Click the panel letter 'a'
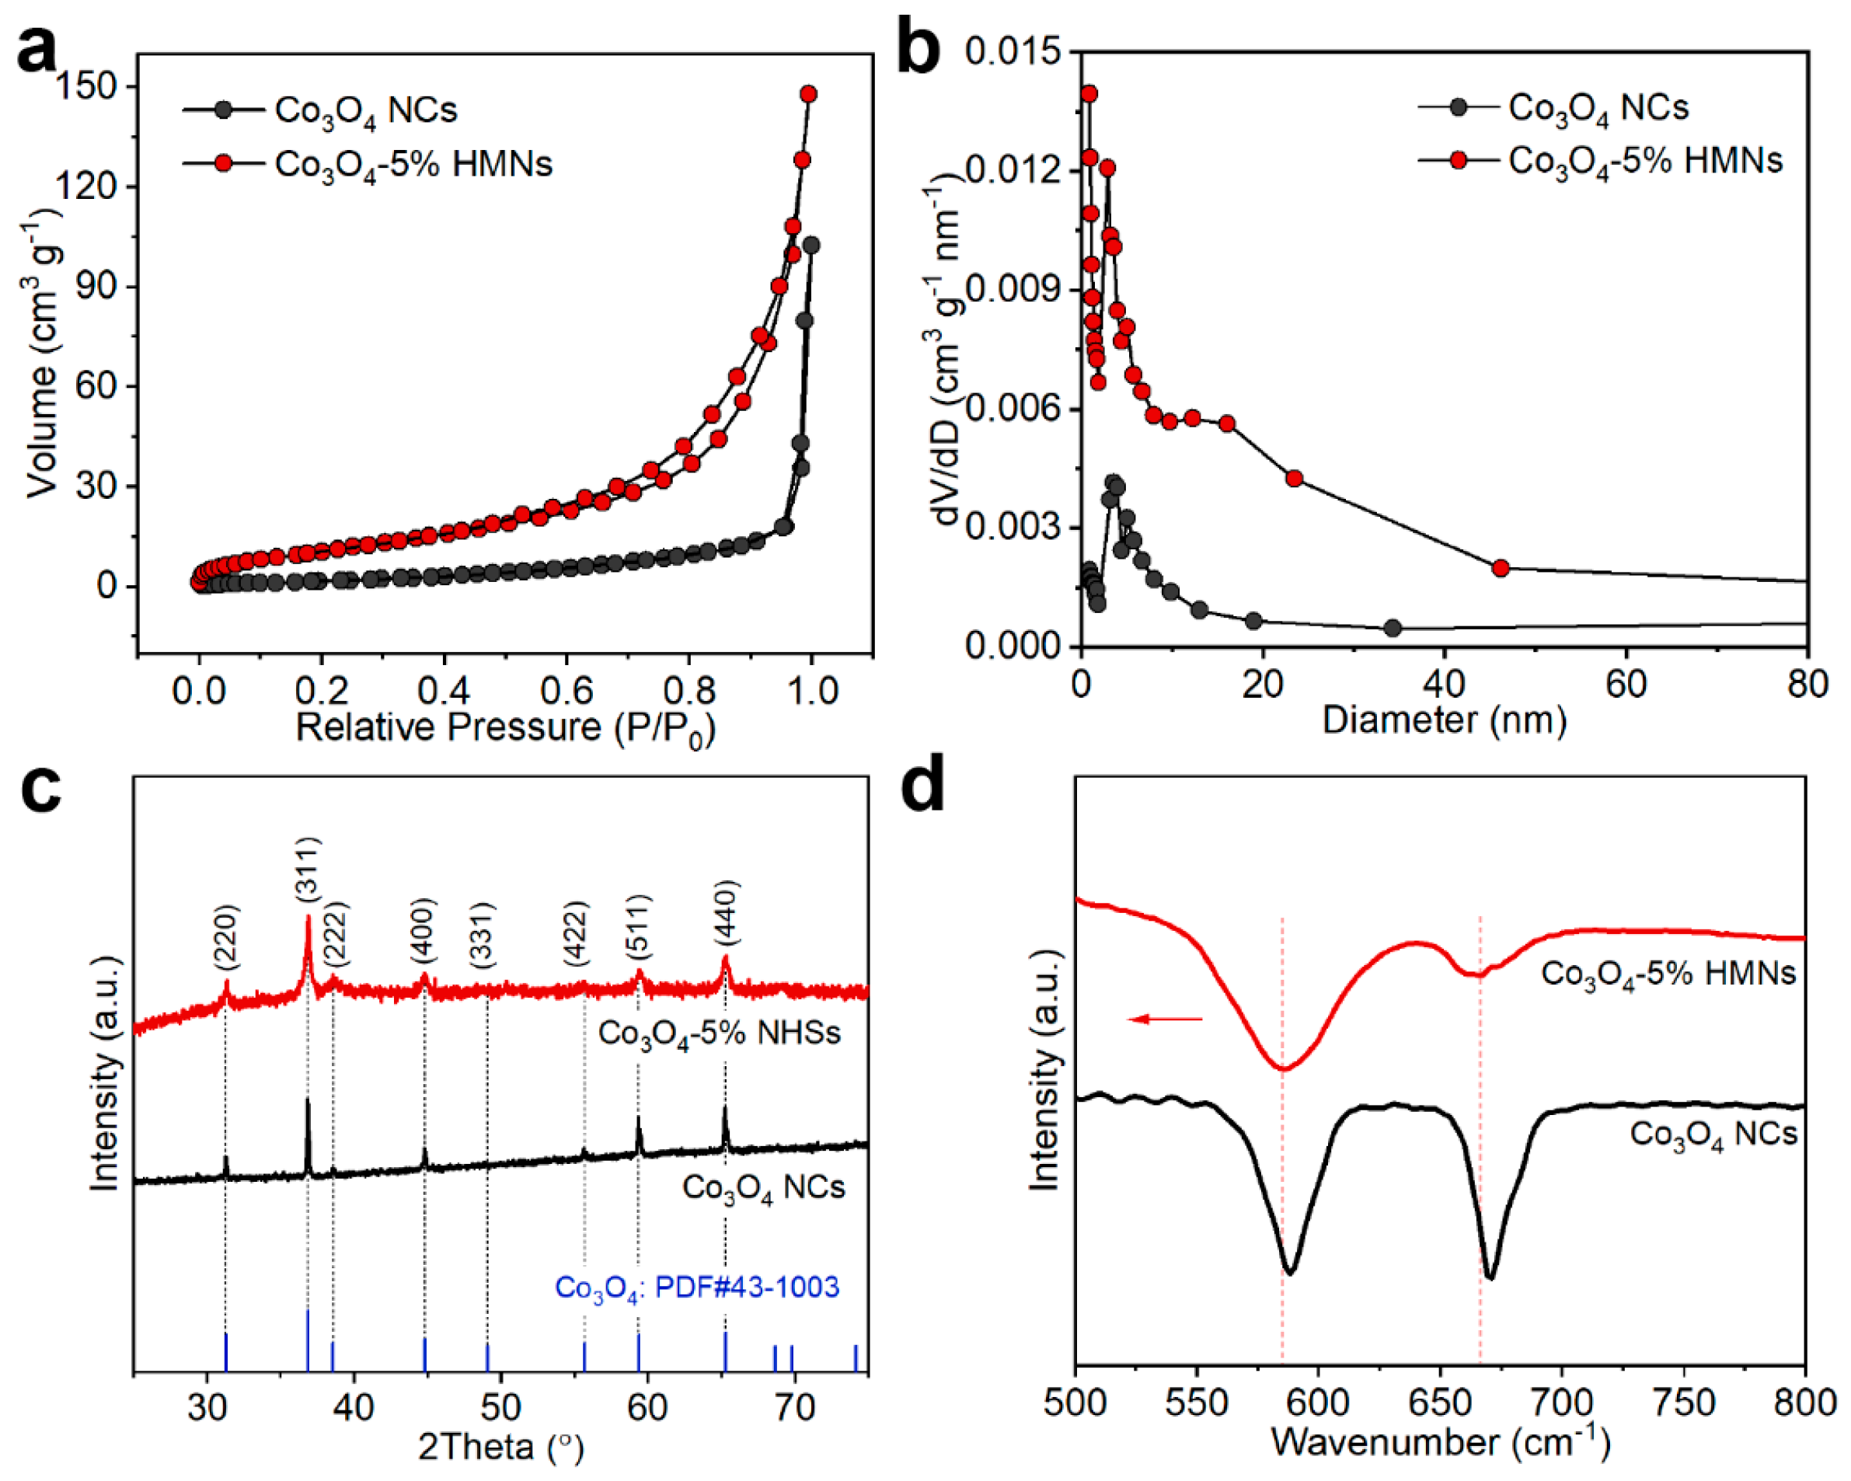click(36, 50)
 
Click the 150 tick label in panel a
click(85, 87)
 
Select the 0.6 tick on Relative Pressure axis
click(566, 689)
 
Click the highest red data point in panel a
click(808, 93)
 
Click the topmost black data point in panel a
click(810, 246)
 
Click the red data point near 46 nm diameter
click(1500, 568)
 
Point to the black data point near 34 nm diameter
click(1393, 629)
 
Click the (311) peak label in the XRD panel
click(308, 869)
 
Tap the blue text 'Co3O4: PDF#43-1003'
click(696, 1288)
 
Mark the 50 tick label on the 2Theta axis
click(500, 1407)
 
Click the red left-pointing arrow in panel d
click(1165, 1019)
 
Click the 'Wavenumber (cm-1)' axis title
click(1440, 1443)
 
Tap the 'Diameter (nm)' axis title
click(1444, 720)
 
